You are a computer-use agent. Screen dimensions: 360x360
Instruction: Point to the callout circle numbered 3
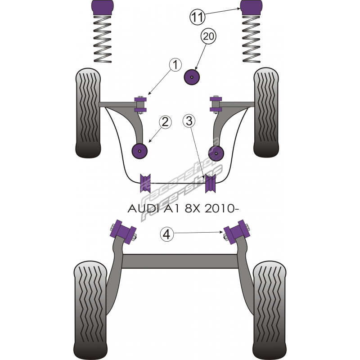click(189, 121)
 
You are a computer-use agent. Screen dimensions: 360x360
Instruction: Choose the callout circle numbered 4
click(167, 234)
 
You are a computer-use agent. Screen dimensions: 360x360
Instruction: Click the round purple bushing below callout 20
click(193, 77)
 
